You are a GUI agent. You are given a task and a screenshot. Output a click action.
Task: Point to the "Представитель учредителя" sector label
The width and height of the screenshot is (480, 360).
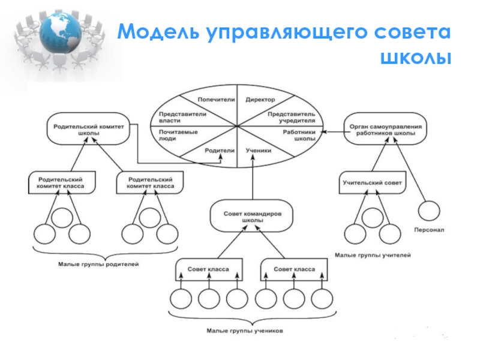tap(291, 116)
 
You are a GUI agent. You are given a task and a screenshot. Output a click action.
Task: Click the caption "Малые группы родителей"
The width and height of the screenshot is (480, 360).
tap(98, 264)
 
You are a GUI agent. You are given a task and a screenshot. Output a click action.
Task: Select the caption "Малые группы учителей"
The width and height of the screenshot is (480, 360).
tap(373, 256)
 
